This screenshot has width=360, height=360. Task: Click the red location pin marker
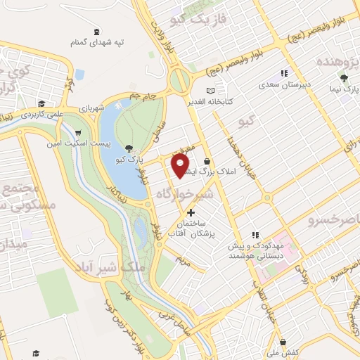point(181,165)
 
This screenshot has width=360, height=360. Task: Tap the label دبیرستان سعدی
point(285,84)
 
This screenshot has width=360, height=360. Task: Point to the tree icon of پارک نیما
point(343,78)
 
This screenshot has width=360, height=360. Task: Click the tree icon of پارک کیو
point(129,148)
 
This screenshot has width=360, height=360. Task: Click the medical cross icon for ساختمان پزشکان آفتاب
point(190,212)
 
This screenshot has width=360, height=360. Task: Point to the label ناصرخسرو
point(333,221)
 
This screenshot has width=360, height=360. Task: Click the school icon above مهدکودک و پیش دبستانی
point(256,234)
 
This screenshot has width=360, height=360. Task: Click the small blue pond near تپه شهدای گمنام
point(79,74)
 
